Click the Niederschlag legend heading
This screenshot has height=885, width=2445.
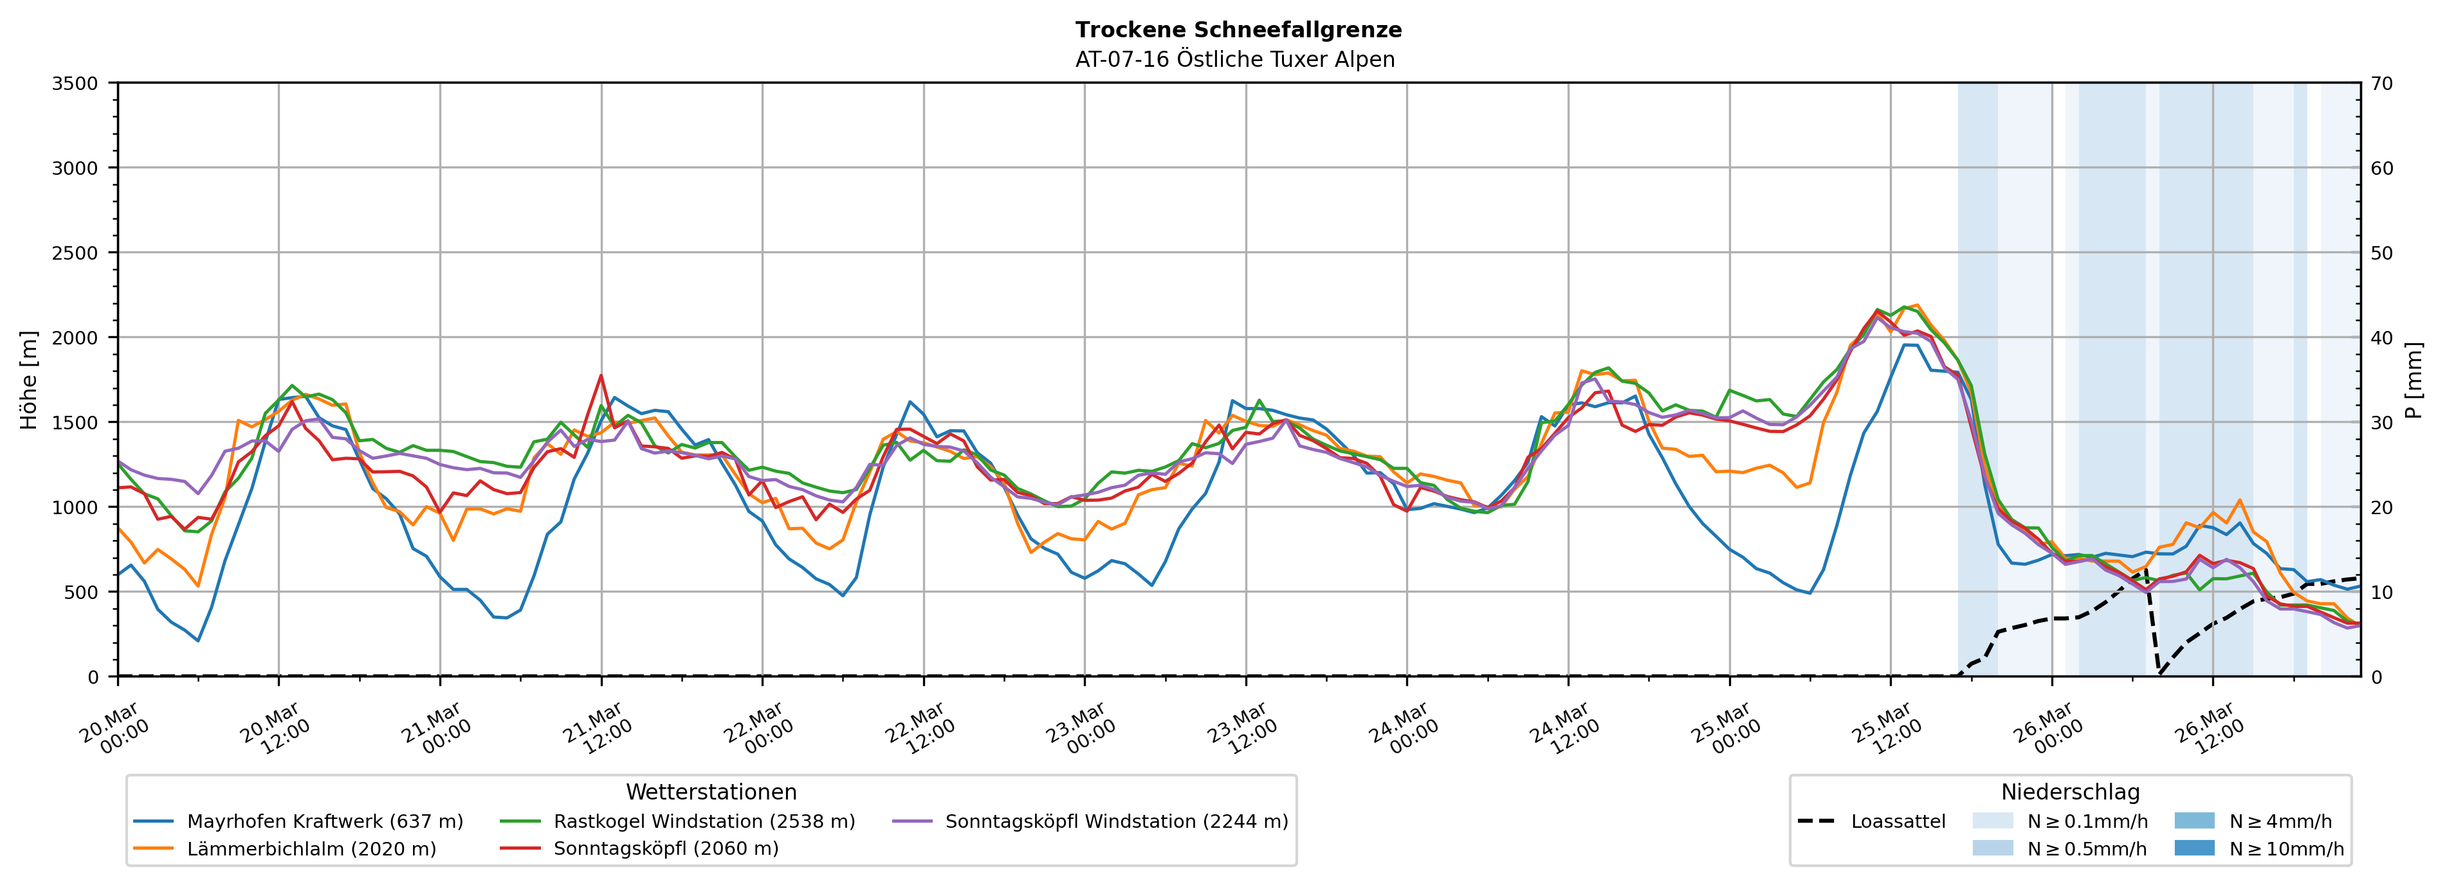(2070, 792)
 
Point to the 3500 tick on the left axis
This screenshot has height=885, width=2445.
(75, 84)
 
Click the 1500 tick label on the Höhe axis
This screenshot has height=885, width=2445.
(75, 423)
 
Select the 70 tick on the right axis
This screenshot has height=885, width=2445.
(2381, 84)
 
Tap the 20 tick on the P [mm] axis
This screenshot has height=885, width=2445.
(2381, 508)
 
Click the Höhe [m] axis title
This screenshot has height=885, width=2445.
(30, 379)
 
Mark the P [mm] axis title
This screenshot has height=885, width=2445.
(2415, 379)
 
